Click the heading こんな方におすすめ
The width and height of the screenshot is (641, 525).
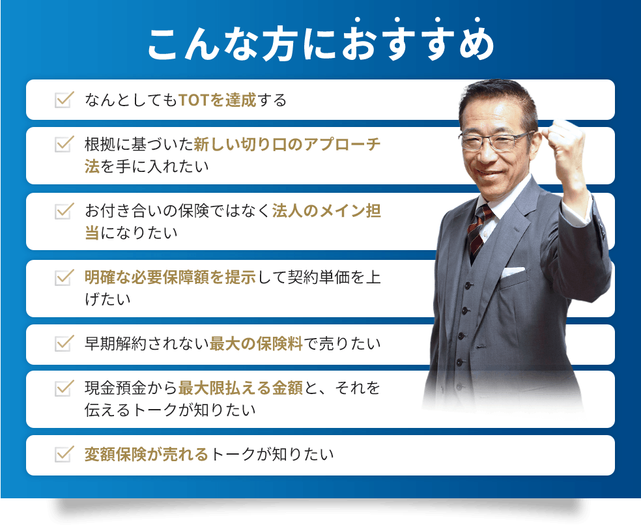[x=320, y=44]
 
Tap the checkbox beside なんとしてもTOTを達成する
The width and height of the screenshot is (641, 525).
[x=63, y=100]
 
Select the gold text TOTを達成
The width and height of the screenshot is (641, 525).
[x=218, y=100]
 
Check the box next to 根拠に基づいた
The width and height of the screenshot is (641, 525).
[x=63, y=144]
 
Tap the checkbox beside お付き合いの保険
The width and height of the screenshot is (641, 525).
[x=63, y=211]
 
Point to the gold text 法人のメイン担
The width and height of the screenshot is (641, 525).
[x=326, y=211]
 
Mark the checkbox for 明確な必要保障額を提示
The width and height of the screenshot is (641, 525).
[x=63, y=277]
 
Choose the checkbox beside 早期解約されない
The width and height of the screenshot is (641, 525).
[x=63, y=343]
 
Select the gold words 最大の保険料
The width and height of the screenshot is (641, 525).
[x=257, y=344]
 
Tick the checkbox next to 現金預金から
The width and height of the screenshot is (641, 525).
[x=63, y=388]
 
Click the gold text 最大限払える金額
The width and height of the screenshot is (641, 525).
[x=240, y=389]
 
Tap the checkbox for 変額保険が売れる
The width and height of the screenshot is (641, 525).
[x=63, y=454]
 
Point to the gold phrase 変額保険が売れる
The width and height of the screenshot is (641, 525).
[x=146, y=455]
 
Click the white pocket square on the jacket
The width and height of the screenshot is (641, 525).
[x=513, y=271]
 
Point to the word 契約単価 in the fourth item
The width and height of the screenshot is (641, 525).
[x=317, y=277]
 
